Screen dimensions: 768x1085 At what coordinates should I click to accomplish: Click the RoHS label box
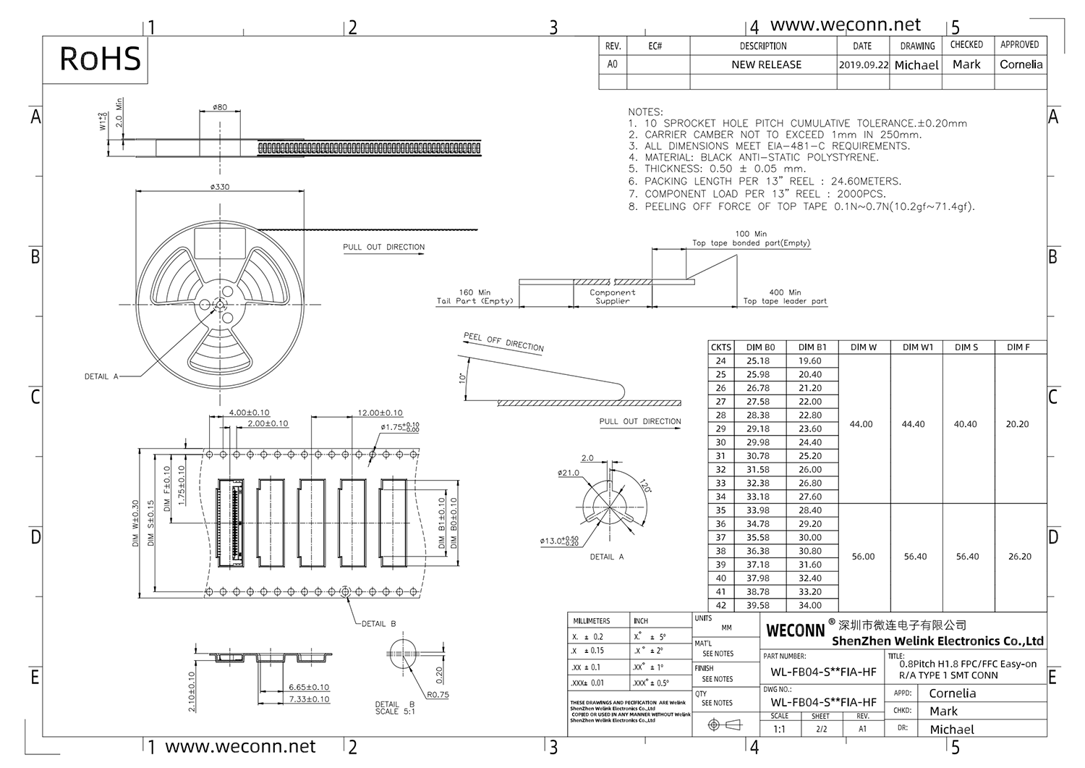pyautogui.click(x=100, y=59)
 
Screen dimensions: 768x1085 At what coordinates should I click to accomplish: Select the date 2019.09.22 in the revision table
pyautogui.click(x=863, y=64)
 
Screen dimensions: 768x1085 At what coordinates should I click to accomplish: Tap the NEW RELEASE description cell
pyautogui.click(x=766, y=64)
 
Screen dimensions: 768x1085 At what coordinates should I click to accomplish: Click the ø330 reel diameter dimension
pyautogui.click(x=220, y=187)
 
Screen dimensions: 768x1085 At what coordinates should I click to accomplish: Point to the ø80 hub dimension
pyautogui.click(x=220, y=107)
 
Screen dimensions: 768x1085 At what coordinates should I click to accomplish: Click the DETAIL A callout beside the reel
pyautogui.click(x=101, y=376)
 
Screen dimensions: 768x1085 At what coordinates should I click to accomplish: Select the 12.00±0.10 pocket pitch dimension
pyautogui.click(x=380, y=413)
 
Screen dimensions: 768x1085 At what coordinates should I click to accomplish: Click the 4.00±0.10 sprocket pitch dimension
pyautogui.click(x=249, y=413)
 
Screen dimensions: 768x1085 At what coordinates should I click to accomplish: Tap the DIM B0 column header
pyautogui.click(x=760, y=347)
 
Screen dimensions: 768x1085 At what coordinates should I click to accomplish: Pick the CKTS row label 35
pyautogui.click(x=720, y=510)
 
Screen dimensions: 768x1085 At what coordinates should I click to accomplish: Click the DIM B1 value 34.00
pyautogui.click(x=810, y=605)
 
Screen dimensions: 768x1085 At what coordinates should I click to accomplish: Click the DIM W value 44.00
pyautogui.click(x=861, y=424)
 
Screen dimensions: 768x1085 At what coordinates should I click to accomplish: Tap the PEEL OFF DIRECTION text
pyautogui.click(x=503, y=342)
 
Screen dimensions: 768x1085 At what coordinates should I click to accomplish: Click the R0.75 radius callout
pyautogui.click(x=438, y=694)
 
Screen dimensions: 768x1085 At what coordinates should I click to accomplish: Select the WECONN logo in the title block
pyautogui.click(x=795, y=630)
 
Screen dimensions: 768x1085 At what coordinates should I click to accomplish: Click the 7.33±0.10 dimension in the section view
pyautogui.click(x=309, y=699)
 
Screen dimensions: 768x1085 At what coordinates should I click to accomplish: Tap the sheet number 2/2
pyautogui.click(x=821, y=729)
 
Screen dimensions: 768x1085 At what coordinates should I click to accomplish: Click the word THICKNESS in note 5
pyautogui.click(x=676, y=169)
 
